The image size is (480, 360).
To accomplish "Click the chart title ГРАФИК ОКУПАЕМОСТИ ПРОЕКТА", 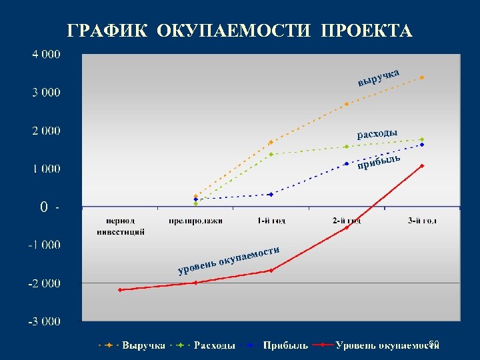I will pyautogui.click(x=240, y=31).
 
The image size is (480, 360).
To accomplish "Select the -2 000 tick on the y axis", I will pyautogui.click(x=43, y=283).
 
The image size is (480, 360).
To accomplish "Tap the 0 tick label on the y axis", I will pyautogui.click(x=43, y=207).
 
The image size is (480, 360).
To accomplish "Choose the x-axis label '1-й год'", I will pyautogui.click(x=271, y=220).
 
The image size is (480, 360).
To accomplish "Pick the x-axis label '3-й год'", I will pyautogui.click(x=422, y=220).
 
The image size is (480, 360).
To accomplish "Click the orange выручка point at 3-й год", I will pyautogui.click(x=422, y=77).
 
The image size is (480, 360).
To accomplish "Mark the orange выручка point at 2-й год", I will pyautogui.click(x=347, y=104).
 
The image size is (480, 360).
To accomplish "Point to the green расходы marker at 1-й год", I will pyautogui.click(x=271, y=154).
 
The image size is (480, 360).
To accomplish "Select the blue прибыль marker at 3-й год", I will pyautogui.click(x=422, y=145).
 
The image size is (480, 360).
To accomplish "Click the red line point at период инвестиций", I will pyautogui.click(x=120, y=290).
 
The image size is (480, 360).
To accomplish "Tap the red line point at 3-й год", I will pyautogui.click(x=422, y=165).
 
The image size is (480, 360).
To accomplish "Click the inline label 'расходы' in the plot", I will pyautogui.click(x=377, y=134).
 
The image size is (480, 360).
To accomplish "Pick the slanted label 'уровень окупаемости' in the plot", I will pyautogui.click(x=228, y=261).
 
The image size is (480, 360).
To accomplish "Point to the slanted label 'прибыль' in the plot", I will pyautogui.click(x=379, y=161).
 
